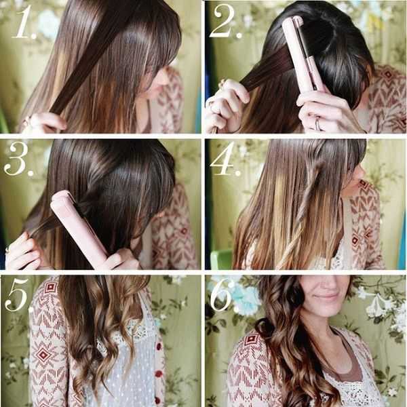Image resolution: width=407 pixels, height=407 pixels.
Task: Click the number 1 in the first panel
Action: tap(23, 23)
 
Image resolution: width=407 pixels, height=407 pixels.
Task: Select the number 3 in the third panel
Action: tap(16, 159)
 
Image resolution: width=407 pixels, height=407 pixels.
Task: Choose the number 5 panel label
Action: tap(16, 294)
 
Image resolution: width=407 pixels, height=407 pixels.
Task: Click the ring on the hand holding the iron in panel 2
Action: tap(317, 124)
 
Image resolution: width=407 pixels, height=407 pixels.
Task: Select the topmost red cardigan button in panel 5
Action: tap(159, 347)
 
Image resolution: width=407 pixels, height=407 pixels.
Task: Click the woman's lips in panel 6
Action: tap(325, 296)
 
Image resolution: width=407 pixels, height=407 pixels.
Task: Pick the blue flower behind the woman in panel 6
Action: tap(246, 298)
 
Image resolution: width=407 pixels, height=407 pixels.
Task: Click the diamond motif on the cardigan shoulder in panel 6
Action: tap(251, 340)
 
